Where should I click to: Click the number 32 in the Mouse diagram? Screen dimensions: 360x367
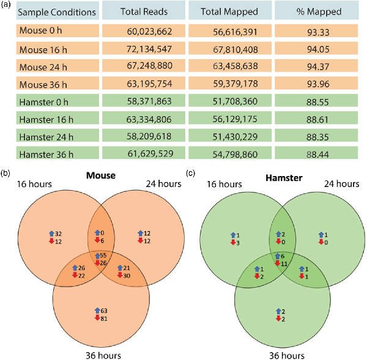point(59,233)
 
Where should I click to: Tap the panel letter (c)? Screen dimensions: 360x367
point(190,174)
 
